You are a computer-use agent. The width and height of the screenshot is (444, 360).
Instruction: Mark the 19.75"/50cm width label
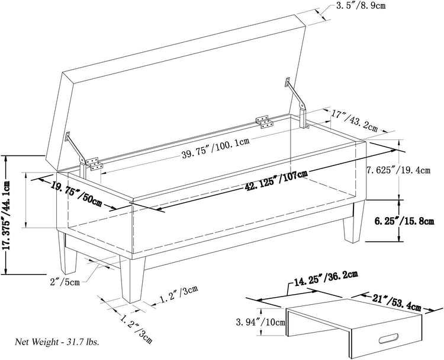pyautogui.click(x=78, y=192)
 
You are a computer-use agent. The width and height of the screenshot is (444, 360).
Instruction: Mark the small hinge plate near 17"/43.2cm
pyautogui.click(x=265, y=122)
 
